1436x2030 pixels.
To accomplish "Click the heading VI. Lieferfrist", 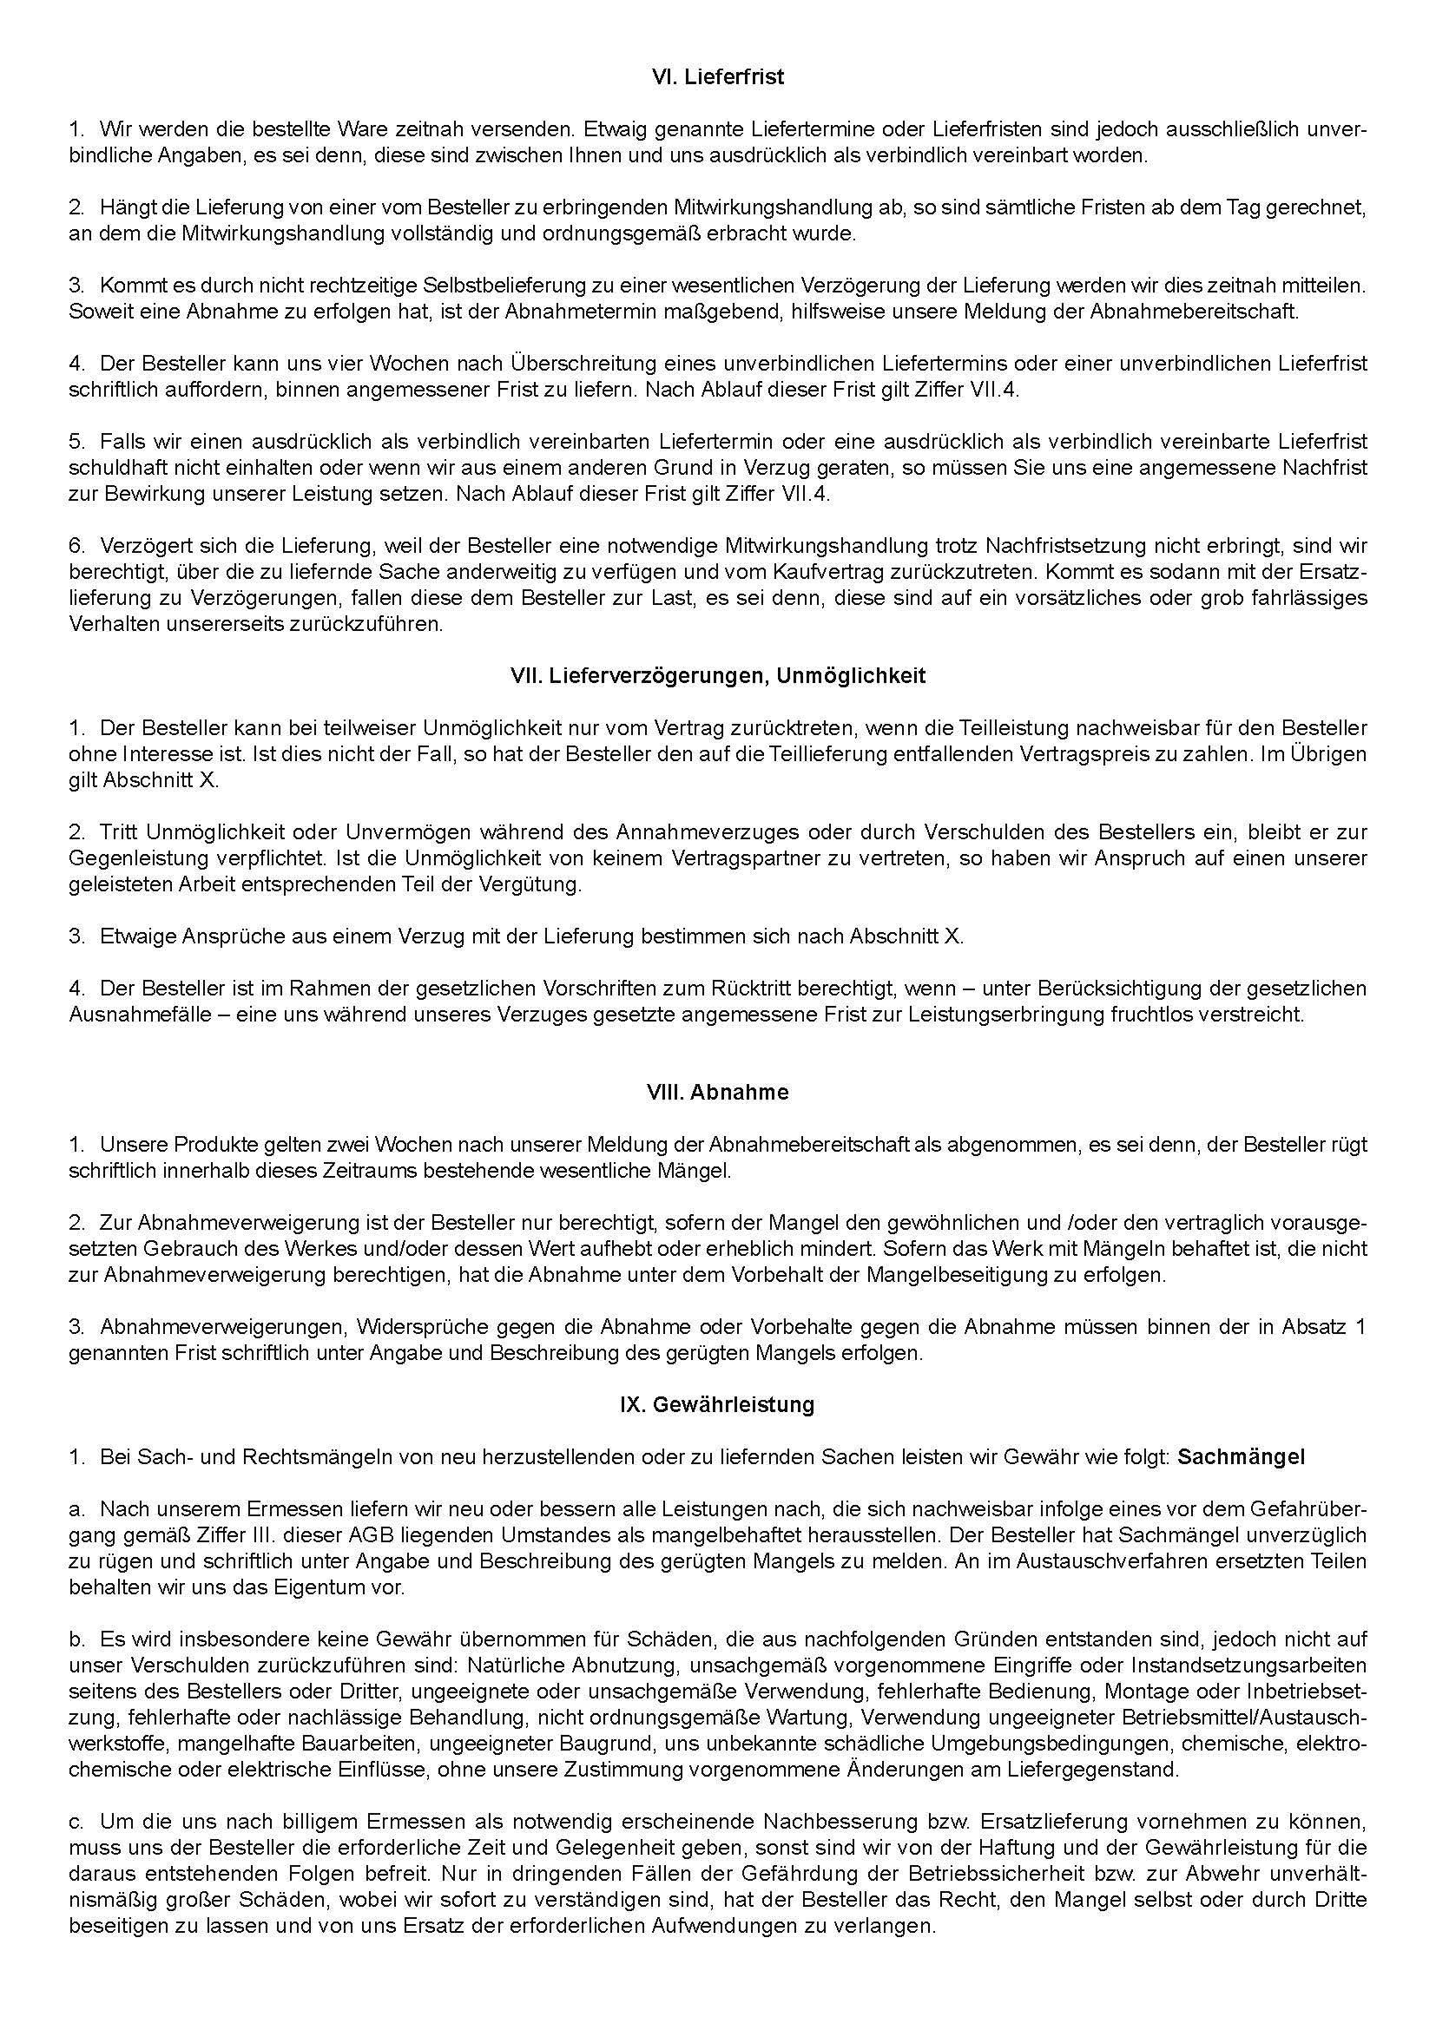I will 717,77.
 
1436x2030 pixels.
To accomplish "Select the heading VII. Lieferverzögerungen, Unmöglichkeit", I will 717,676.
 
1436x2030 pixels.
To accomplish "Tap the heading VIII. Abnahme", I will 717,1092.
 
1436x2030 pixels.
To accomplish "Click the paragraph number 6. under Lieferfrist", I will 76,545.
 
